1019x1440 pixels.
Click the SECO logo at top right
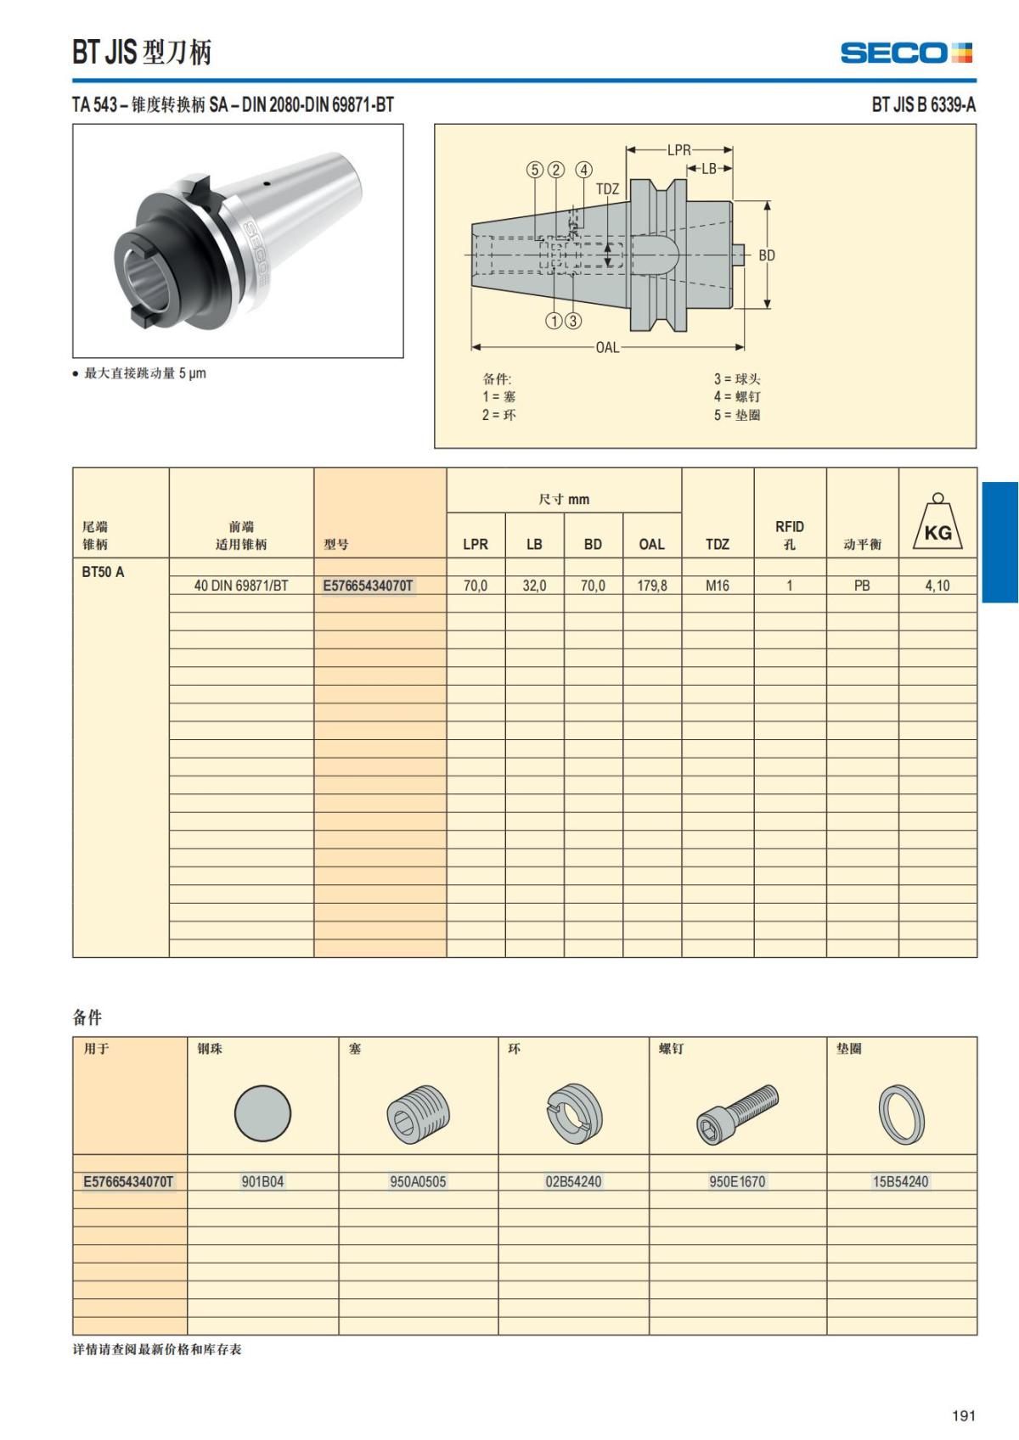click(906, 53)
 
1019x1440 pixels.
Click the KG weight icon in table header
click(937, 523)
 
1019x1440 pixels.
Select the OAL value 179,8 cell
click(652, 586)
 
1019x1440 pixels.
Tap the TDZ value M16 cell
click(718, 586)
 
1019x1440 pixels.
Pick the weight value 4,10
click(937, 586)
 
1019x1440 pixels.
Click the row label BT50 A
click(103, 572)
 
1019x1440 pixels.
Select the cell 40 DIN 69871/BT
click(241, 586)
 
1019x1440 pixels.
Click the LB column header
click(534, 544)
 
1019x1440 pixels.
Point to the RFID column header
click(789, 535)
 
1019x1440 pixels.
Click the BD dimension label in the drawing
click(767, 255)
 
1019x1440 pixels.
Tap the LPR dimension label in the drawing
click(678, 150)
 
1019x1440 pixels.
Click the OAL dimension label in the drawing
click(607, 347)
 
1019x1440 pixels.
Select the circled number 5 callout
click(535, 170)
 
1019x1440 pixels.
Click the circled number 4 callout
click(584, 170)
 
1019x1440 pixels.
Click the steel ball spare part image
click(262, 1113)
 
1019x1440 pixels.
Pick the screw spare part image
click(737, 1113)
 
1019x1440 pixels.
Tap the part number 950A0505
click(418, 1181)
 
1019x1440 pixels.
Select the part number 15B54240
click(901, 1181)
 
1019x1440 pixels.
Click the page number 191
click(964, 1415)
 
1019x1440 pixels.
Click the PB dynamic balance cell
click(862, 586)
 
